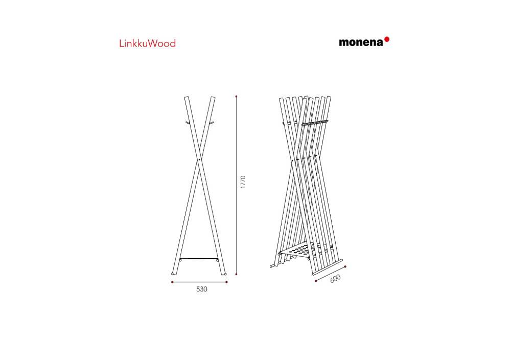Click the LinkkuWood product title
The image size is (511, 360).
(147, 43)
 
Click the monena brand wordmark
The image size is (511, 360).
(361, 42)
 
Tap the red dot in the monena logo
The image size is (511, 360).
(387, 39)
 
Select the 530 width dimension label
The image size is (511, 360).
(202, 289)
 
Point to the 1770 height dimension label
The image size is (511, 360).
(244, 183)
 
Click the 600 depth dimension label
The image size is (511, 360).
(336, 280)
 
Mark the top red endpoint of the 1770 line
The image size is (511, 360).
(236, 96)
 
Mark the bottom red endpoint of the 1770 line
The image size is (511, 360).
(236, 274)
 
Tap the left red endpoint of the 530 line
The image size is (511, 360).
(173, 282)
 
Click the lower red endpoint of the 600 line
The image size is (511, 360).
(316, 280)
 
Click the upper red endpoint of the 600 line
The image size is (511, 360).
(345, 267)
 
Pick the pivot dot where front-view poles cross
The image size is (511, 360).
(199, 161)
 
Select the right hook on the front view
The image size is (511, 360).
(210, 123)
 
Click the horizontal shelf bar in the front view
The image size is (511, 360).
(199, 258)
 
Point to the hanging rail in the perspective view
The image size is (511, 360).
(314, 123)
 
